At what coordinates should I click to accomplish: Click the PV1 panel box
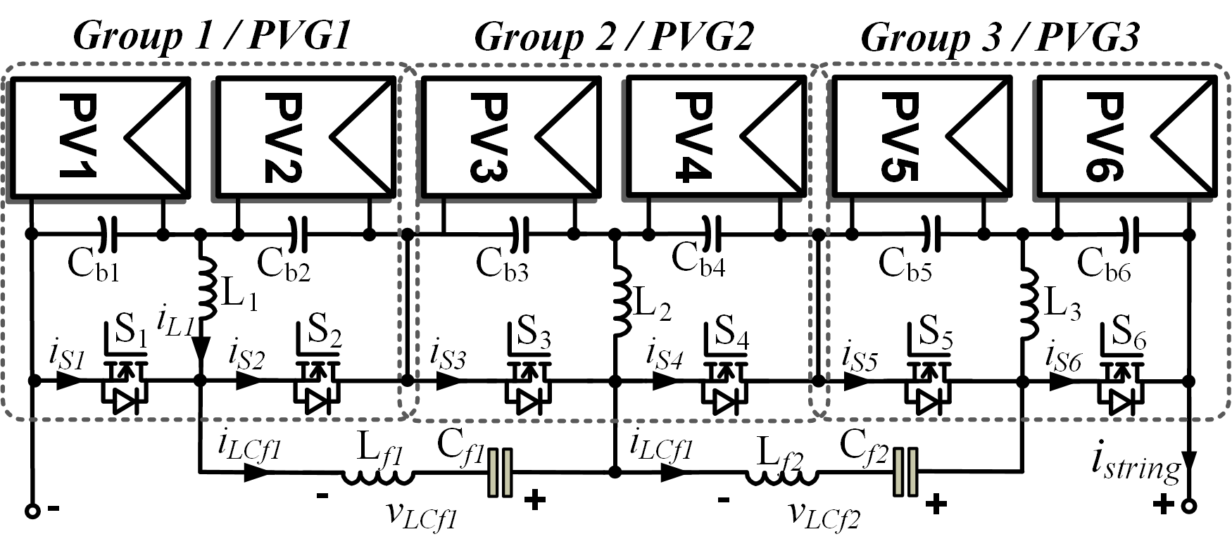(x=99, y=137)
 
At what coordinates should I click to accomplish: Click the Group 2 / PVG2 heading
(x=614, y=37)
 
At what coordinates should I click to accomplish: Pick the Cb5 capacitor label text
(x=904, y=265)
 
